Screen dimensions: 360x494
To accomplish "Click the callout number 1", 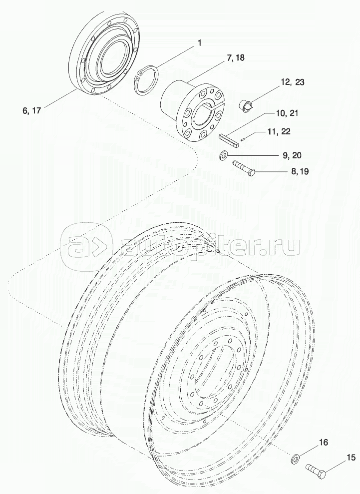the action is (199, 43).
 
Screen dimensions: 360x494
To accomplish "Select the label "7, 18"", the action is (236, 58).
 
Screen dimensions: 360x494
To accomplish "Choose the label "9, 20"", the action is (292, 155).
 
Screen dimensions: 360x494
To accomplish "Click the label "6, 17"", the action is (31, 111).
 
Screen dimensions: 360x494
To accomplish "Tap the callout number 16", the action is (323, 443).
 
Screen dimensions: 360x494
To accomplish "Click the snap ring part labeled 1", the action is (148, 78).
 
